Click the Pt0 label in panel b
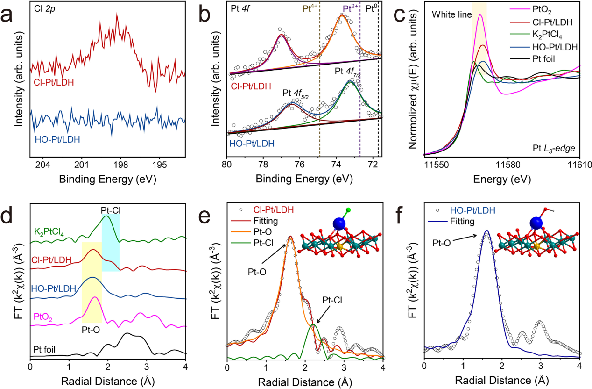point(372,9)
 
